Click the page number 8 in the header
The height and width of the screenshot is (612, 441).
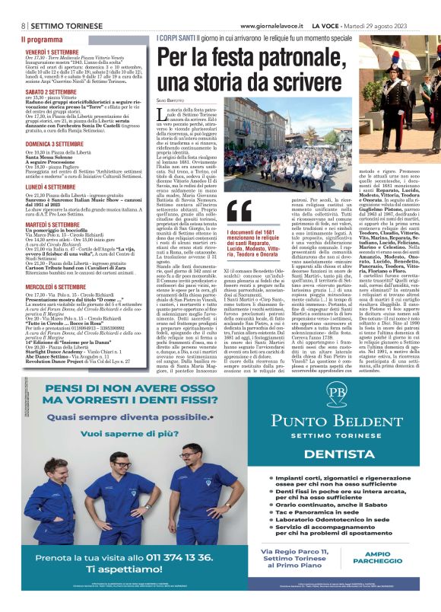(x=24, y=25)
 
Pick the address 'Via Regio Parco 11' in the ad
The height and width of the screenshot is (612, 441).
(x=297, y=551)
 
